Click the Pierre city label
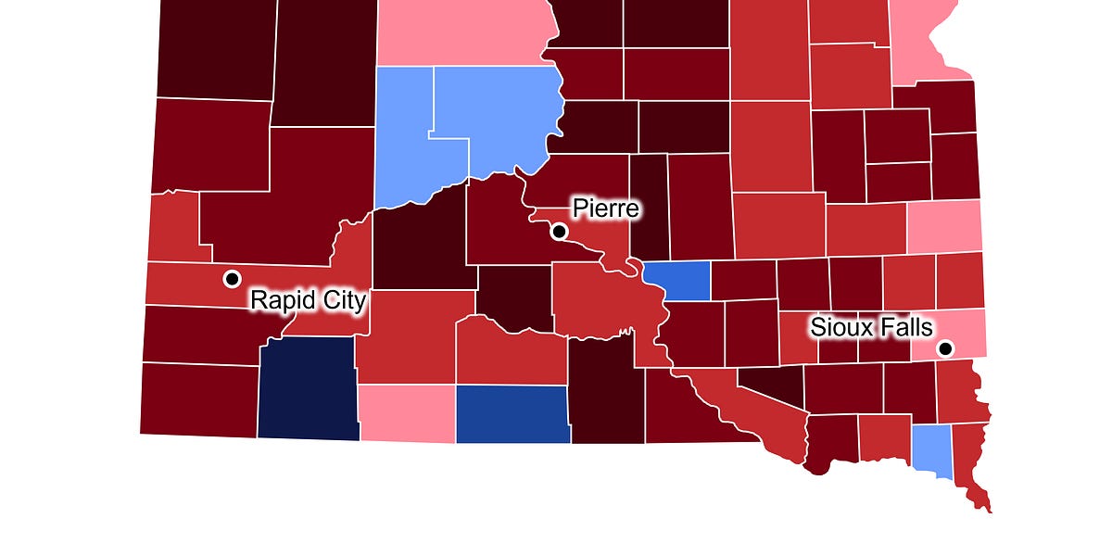(x=605, y=208)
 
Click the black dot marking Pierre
(x=559, y=232)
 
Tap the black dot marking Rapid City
(x=232, y=278)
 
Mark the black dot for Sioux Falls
(x=945, y=349)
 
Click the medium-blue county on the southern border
(x=512, y=413)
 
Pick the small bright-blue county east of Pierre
(x=677, y=281)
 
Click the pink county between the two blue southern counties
(x=406, y=413)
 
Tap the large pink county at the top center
(x=463, y=32)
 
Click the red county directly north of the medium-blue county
(x=510, y=357)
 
